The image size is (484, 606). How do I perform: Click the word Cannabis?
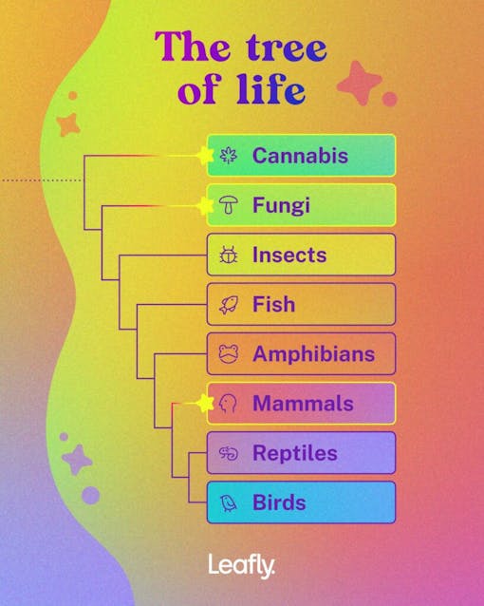tap(300, 156)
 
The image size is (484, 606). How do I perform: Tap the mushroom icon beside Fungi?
tap(228, 205)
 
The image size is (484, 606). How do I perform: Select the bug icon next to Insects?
tap(228, 255)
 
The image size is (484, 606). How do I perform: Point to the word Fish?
tap(273, 305)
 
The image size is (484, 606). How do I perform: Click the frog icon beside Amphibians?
tap(228, 354)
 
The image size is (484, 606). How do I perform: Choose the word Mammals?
tap(302, 404)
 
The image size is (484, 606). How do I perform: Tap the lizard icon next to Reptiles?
tap(228, 453)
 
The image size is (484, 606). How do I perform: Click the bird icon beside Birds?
tap(228, 502)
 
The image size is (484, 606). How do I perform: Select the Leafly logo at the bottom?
tap(242, 566)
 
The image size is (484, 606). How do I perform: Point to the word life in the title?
tap(270, 91)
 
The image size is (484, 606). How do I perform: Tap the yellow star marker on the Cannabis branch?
tap(204, 155)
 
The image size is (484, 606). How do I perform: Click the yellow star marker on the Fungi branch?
tap(204, 205)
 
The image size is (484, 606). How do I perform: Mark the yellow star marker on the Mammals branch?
tap(205, 404)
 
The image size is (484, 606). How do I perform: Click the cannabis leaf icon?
tap(228, 156)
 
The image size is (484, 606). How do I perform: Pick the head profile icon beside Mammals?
tap(228, 404)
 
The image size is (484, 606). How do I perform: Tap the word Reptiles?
tap(294, 453)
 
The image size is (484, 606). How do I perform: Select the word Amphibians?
tap(313, 354)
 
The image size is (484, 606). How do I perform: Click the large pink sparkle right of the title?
tap(360, 84)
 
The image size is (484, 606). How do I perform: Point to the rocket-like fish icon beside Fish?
tap(228, 305)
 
